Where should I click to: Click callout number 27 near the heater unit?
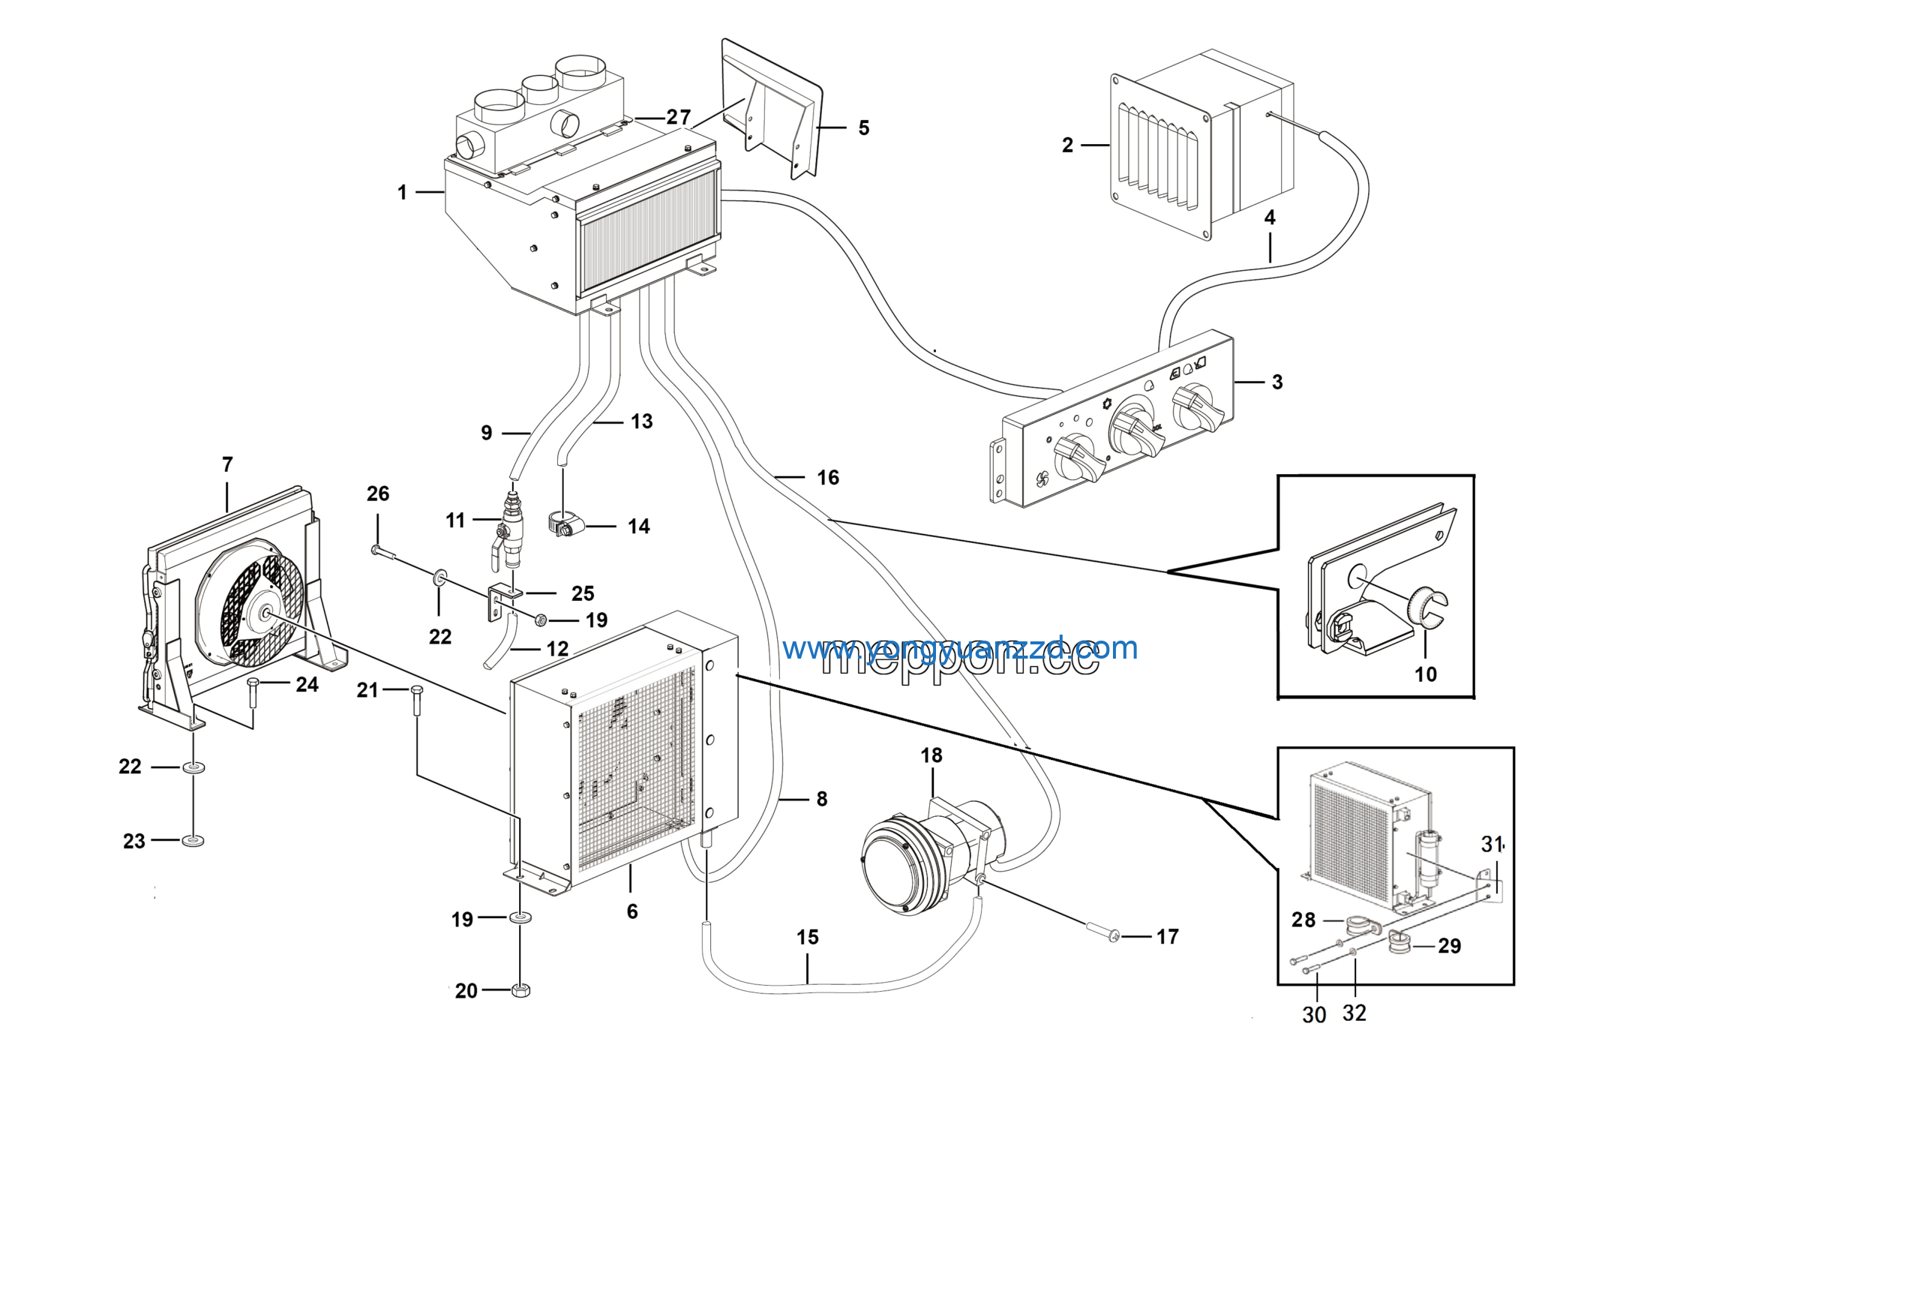[x=677, y=117]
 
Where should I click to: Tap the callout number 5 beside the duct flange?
[x=863, y=128]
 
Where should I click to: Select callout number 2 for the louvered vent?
[x=1067, y=146]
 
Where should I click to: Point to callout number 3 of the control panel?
[x=1276, y=382]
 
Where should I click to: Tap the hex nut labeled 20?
[x=520, y=989]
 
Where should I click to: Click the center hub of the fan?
[x=266, y=612]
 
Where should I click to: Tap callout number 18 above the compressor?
[x=931, y=755]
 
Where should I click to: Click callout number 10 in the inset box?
[x=1425, y=674]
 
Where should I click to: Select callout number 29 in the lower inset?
[x=1449, y=946]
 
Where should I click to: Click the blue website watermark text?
[x=959, y=649]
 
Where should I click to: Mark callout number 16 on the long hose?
[x=828, y=478]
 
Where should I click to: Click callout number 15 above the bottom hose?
[x=807, y=937]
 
